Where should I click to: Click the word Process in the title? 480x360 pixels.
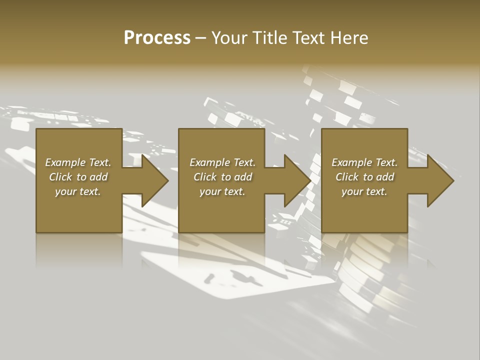coord(157,38)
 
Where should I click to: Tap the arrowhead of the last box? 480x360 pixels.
coord(439,180)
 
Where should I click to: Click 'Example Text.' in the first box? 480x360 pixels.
coord(78,162)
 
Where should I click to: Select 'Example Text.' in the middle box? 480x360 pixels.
coord(222,162)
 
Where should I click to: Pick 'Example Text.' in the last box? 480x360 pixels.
coord(364,162)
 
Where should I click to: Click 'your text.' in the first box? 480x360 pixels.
coord(78,191)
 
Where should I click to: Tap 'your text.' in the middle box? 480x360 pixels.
coord(222,191)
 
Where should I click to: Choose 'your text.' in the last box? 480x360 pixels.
coord(364,191)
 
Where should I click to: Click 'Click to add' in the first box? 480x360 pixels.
coord(78,177)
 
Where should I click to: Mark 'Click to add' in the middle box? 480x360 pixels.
coord(222,177)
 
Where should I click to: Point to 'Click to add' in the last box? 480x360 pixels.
coord(364,177)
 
